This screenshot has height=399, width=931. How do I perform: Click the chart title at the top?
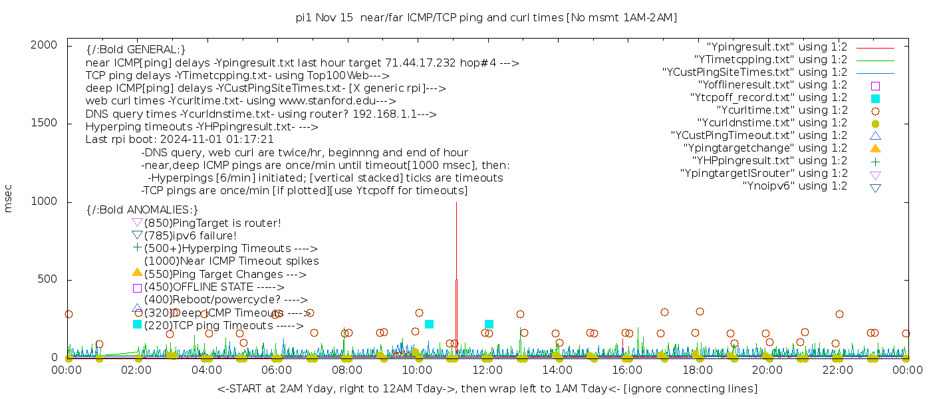tap(487, 18)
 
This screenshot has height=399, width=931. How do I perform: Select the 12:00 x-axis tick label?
tap(487, 370)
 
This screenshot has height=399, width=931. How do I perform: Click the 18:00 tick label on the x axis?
tap(698, 370)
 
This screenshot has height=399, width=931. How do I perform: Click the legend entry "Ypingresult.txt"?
tap(777, 47)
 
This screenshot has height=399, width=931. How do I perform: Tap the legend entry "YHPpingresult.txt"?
tap(769, 161)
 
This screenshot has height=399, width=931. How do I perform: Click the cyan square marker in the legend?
tap(875, 98)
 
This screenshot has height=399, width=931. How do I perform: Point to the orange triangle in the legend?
tap(875, 148)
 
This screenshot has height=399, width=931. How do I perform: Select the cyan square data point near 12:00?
tap(489, 325)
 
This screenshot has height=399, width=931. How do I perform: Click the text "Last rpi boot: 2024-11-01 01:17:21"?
tap(180, 140)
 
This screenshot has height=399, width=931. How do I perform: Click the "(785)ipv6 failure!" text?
tap(190, 235)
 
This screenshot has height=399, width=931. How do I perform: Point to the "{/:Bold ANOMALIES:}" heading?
tap(142, 210)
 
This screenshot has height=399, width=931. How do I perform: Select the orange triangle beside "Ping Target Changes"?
tap(137, 272)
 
